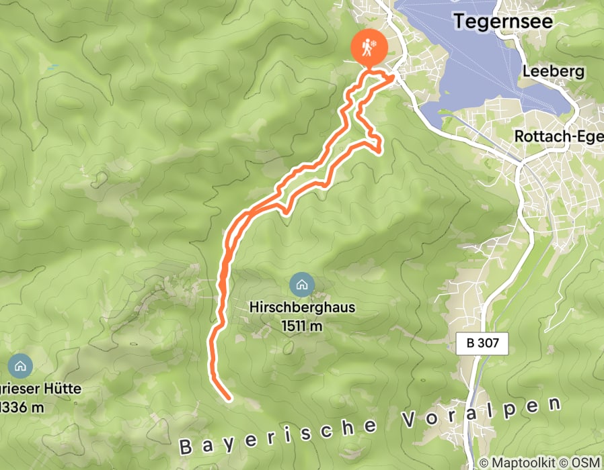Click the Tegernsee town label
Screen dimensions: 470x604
coord(503,21)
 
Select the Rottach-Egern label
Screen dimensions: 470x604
coord(558,136)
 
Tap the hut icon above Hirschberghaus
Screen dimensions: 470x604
coord(301,285)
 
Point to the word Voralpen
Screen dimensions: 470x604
coord(482,414)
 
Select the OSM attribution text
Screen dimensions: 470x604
coord(585,463)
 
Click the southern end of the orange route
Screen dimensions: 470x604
coord(229,399)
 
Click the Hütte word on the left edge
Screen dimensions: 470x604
coord(61,389)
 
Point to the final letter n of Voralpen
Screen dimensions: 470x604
coord(554,404)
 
